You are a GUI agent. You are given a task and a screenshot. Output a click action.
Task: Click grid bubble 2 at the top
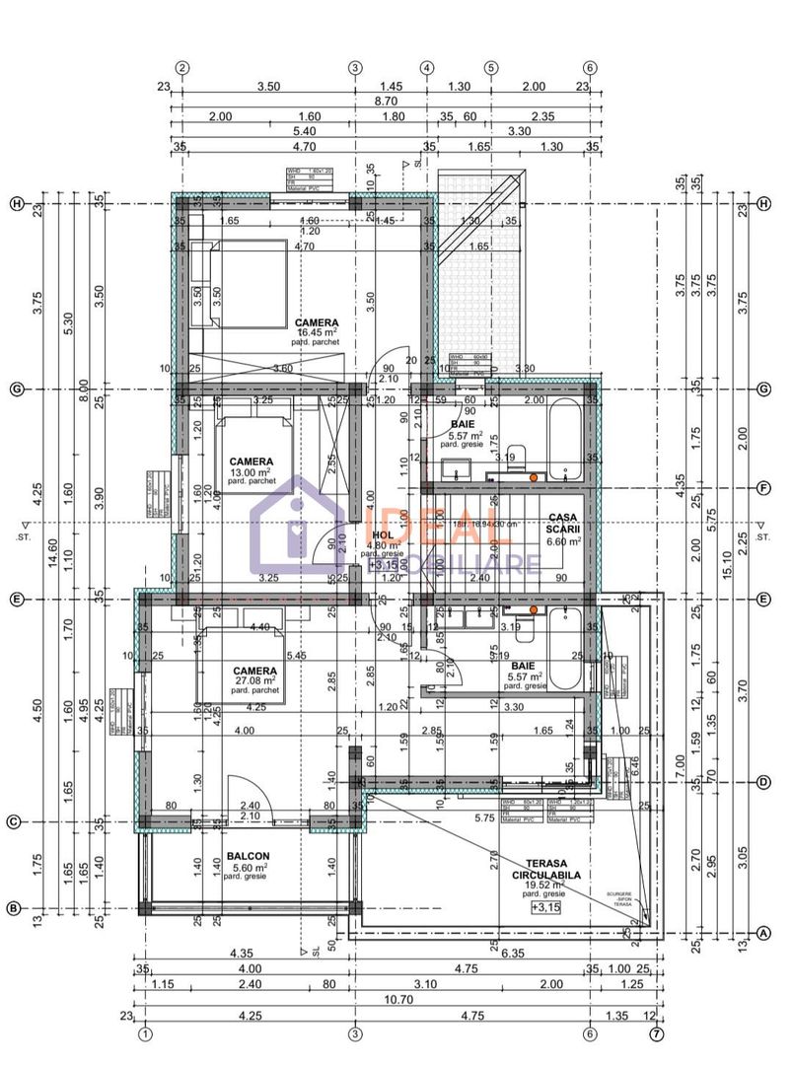(182, 68)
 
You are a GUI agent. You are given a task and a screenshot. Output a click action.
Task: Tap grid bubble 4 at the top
(427, 68)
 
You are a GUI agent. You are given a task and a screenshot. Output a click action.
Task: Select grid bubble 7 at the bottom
(656, 1034)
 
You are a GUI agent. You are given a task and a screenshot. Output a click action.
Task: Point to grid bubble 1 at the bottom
(145, 1034)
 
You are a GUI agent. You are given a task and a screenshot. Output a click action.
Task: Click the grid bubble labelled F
(763, 487)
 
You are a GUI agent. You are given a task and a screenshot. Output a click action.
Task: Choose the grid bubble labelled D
(763, 783)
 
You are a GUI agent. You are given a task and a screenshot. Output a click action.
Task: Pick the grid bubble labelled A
(763, 932)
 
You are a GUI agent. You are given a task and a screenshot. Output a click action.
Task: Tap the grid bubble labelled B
(15, 908)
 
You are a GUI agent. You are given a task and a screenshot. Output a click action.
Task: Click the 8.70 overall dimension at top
(387, 101)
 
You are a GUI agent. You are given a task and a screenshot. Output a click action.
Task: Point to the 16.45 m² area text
(318, 333)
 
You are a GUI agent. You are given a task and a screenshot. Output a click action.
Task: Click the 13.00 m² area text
(251, 472)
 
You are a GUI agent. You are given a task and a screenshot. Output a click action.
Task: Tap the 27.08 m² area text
(253, 680)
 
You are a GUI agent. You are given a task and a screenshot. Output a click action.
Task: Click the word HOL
(383, 534)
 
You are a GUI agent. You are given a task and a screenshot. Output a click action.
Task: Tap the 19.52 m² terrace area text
(543, 885)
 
